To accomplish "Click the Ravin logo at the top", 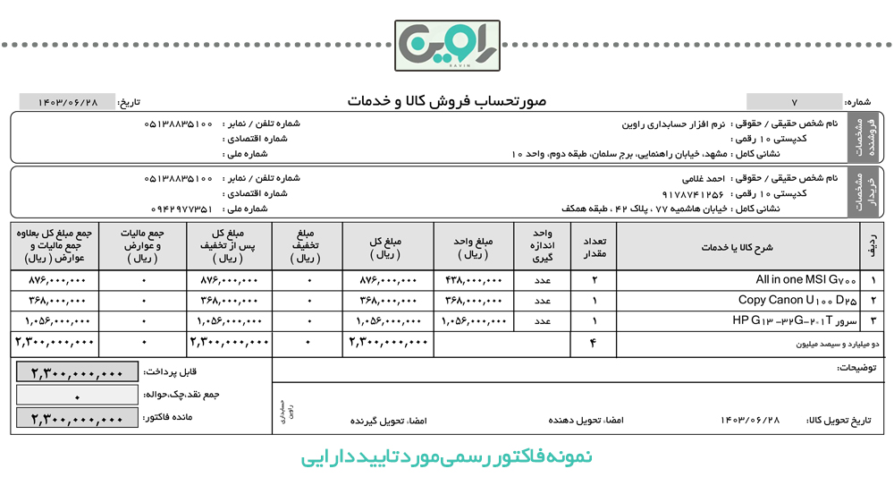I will click(447, 45).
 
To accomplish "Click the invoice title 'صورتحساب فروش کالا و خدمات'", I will click(447, 102).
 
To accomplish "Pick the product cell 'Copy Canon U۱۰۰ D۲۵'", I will click(797, 300).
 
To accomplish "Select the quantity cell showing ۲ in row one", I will click(594, 280).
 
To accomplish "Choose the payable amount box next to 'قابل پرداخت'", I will click(77, 371).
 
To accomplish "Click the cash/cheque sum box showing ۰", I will click(77, 395).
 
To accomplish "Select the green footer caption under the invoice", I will click(447, 457).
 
